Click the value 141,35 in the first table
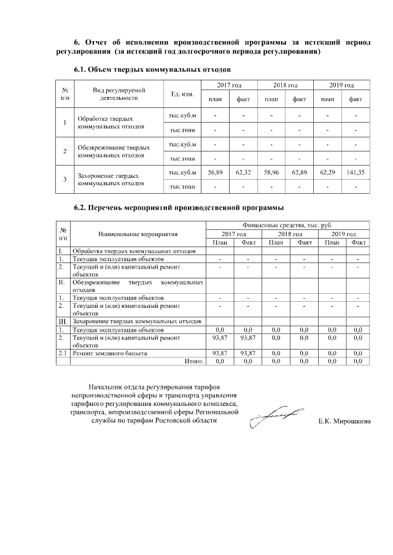pos(356,173)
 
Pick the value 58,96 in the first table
pos(271,173)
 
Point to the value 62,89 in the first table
pos(299,173)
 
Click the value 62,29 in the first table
pos(327,173)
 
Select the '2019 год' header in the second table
pos(343,234)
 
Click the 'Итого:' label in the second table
pos(194,362)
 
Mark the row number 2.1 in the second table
pos(63,354)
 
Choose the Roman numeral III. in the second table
pos(63,321)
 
